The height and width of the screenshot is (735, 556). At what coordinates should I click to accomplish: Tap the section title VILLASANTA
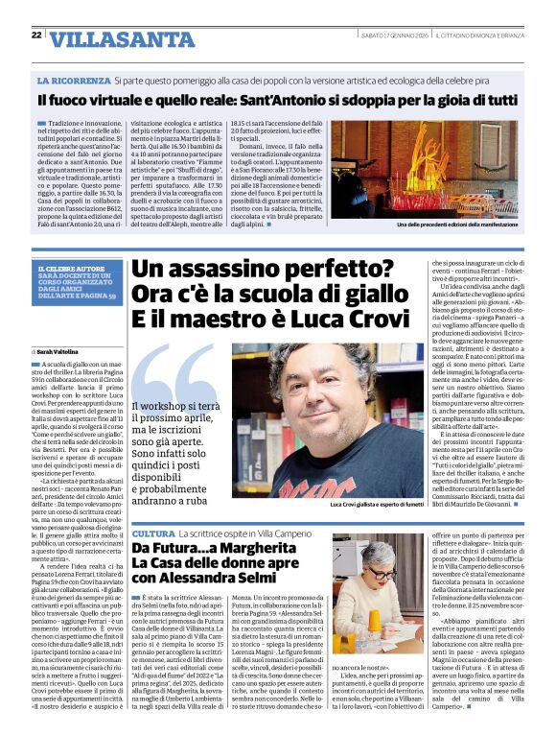[105, 39]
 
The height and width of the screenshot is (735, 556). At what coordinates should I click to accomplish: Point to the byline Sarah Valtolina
[62, 353]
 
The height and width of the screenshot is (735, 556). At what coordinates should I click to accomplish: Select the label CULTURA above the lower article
[152, 533]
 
